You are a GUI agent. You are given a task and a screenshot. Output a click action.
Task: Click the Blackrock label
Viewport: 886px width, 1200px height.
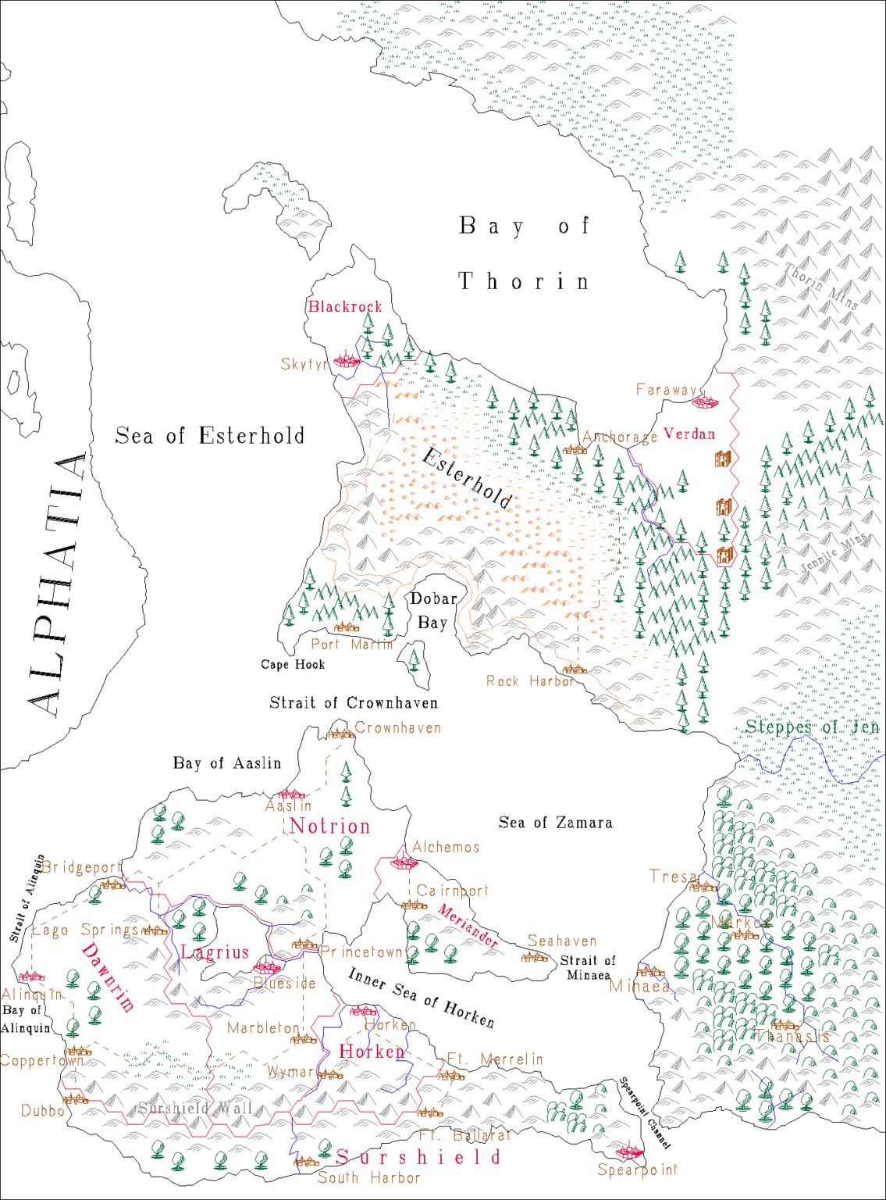point(345,306)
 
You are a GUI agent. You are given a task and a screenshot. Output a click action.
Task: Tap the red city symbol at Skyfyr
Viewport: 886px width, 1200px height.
point(346,360)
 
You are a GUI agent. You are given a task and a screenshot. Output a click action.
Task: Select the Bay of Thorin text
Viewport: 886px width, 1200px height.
point(524,253)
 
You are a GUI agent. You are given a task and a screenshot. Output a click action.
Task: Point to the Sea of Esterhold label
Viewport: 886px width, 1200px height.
point(209,436)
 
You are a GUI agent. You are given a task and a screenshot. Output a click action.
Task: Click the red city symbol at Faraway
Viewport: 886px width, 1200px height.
point(704,402)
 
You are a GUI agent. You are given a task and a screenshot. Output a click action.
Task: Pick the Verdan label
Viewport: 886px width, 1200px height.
point(689,434)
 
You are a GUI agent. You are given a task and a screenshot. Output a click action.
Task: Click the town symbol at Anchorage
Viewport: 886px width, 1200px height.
point(575,449)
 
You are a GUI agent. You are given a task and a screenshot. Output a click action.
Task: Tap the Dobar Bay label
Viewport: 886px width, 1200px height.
point(433,610)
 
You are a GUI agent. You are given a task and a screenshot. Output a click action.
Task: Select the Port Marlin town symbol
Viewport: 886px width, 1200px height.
point(347,627)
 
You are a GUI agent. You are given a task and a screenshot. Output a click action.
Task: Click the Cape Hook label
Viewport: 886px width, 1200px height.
point(293,664)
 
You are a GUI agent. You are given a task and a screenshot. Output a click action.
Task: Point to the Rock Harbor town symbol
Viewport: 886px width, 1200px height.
point(575,670)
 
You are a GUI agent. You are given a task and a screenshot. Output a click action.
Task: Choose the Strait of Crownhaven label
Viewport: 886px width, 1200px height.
point(354,703)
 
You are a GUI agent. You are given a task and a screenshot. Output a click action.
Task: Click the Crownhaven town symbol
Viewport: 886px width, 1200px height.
point(340,733)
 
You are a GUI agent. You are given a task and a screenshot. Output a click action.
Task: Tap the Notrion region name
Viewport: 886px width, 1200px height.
point(329,826)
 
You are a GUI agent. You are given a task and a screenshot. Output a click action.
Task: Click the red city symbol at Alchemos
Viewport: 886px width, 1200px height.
point(404,862)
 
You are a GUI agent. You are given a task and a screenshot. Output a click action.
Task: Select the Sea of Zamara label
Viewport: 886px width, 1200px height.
point(555,823)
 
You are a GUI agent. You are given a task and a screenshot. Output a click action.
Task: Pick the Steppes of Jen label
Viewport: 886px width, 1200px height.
point(812,727)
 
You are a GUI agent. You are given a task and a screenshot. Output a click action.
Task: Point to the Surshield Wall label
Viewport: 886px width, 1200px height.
point(195,1108)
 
